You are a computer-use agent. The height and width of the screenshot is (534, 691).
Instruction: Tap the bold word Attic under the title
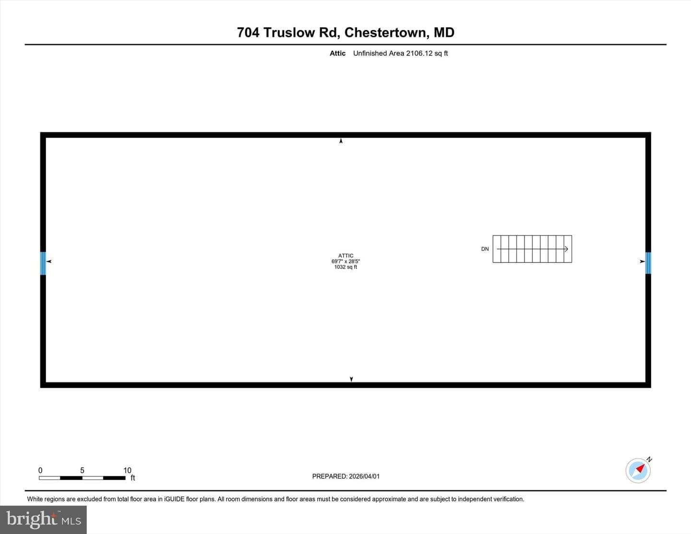pos(337,53)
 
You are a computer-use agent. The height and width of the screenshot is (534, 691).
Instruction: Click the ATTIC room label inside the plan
pos(345,256)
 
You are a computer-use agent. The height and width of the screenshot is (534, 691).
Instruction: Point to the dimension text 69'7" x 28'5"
pos(345,261)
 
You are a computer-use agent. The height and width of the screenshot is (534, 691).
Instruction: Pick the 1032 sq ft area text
pos(345,267)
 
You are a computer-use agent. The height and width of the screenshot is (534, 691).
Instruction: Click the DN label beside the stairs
pos(485,249)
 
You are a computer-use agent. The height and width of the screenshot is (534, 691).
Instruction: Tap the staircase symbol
pos(532,249)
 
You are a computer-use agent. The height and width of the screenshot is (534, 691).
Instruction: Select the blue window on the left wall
pos(43,263)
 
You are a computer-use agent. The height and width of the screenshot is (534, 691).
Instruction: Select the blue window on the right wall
pos(648,263)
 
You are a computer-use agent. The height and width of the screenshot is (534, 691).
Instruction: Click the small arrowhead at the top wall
pos(341,141)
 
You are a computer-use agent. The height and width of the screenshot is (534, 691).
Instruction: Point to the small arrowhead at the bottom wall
pos(351,379)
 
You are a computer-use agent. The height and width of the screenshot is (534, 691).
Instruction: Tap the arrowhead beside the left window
pos(49,261)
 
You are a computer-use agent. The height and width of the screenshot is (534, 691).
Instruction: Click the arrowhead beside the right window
pos(643,261)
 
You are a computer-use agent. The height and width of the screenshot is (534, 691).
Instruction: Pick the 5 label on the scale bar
pos(82,470)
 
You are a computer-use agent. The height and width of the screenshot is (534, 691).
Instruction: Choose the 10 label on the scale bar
pos(127,470)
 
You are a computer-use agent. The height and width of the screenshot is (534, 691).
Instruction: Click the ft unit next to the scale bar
pos(133,477)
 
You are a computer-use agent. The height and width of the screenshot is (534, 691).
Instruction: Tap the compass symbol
pos(638,470)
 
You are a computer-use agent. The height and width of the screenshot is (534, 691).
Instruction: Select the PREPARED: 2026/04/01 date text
pos(345,476)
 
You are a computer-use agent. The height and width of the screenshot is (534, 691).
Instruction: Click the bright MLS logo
pos(44,520)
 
